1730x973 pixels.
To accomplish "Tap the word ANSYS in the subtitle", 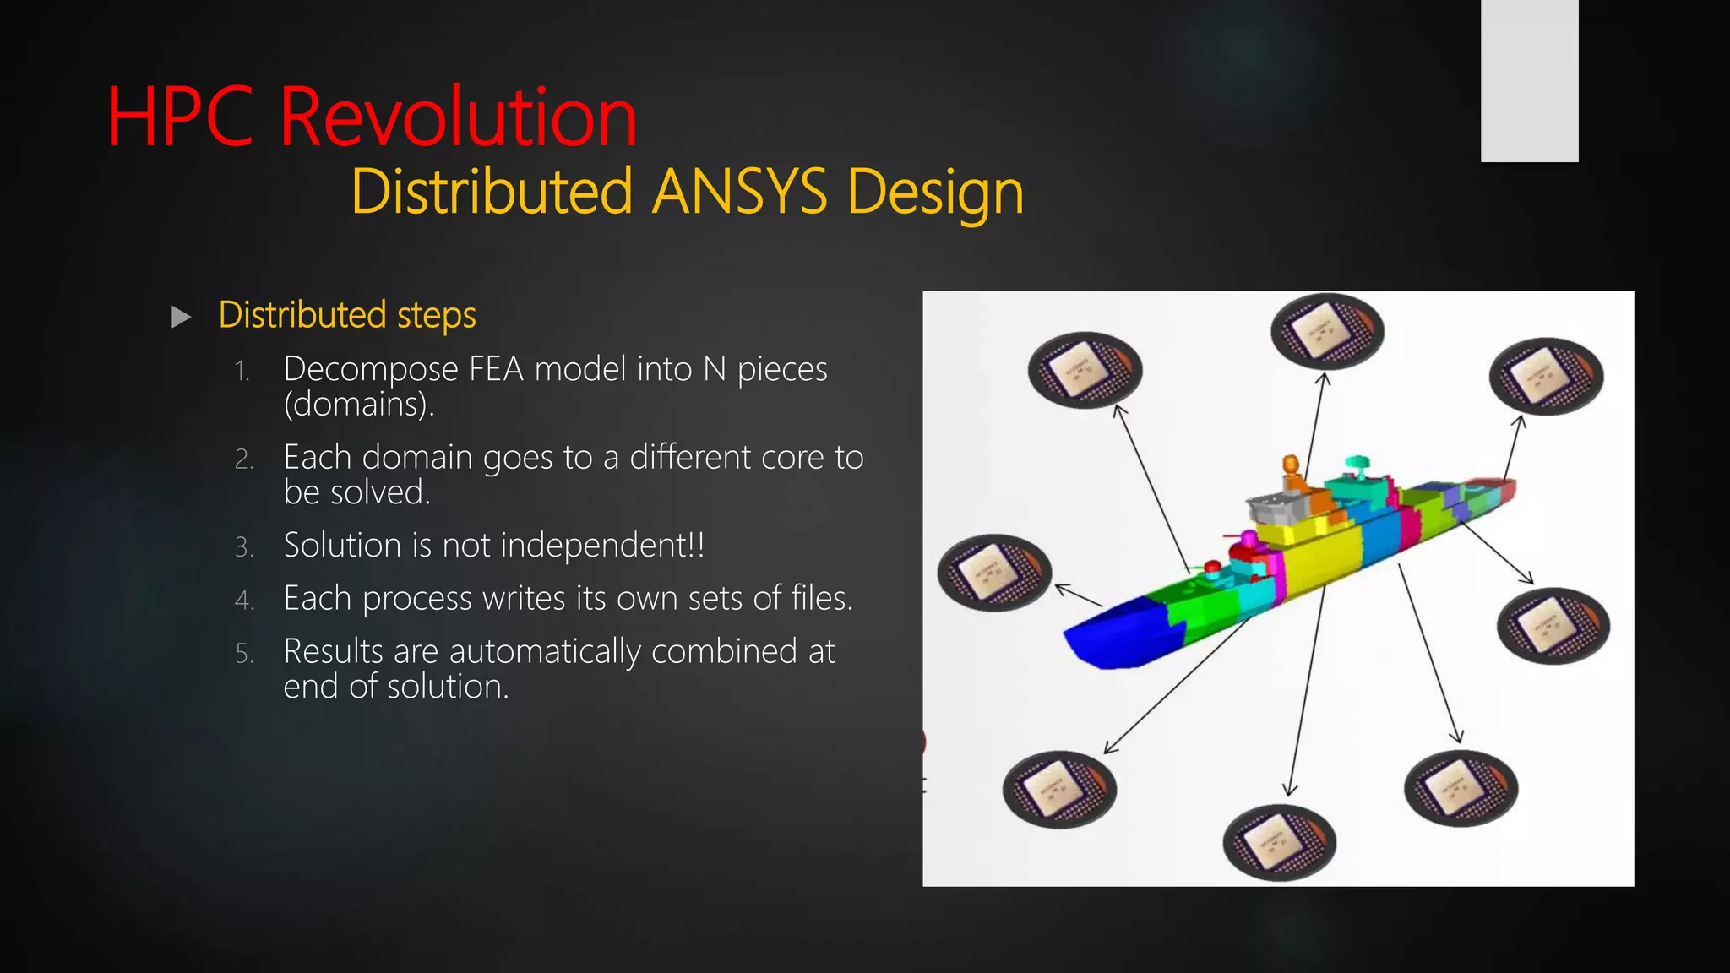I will point(740,193).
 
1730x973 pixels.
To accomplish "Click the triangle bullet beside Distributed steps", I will point(181,318).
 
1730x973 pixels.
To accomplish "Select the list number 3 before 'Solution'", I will point(244,547).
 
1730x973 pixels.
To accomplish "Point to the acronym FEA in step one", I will point(497,370).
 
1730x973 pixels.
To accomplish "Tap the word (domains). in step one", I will point(359,405).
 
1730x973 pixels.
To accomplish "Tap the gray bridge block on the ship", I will point(1276,508).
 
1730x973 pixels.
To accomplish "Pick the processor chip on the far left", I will point(994,573).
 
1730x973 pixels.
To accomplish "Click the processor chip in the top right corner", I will point(1545,376).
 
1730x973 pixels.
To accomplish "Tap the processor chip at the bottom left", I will point(1059,789).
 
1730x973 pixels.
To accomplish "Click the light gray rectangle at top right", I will point(1529,80).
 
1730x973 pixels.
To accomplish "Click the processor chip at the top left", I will point(1085,370).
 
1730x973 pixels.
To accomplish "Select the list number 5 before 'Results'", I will point(244,654).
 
